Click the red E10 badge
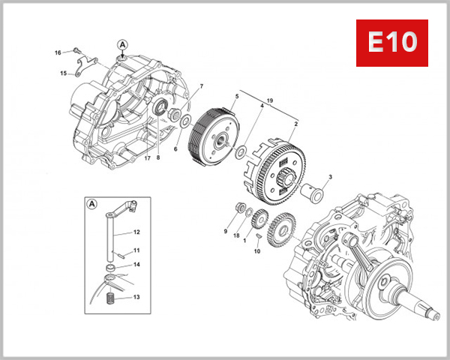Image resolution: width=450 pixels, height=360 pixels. coord(391,43)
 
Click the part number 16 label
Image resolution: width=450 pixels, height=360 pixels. coord(58,52)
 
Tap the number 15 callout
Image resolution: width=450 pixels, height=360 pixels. coord(64,73)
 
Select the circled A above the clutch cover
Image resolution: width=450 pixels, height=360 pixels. coord(122,45)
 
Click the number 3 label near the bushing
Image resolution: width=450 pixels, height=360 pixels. coord(330,176)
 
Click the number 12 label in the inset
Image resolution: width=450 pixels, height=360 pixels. coord(137,232)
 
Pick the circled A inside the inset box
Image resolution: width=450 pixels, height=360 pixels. coord(92,203)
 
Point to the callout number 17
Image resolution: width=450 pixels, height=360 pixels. coord(148,157)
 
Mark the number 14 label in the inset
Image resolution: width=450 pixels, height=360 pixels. coord(137,264)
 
